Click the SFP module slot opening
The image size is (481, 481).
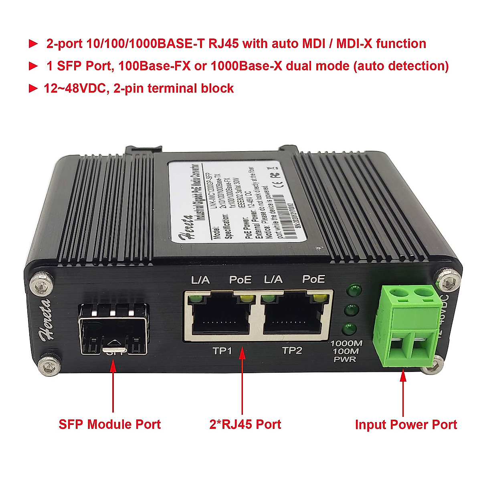[x=113, y=329]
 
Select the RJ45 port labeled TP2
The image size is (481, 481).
[x=293, y=315]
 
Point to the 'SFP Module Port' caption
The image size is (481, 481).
[x=109, y=424]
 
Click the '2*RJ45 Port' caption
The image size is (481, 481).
[x=245, y=424]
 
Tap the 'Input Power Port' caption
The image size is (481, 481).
[x=406, y=425]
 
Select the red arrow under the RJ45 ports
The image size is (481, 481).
[x=243, y=381]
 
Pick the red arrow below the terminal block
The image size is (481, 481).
[x=403, y=393]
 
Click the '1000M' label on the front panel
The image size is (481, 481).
[x=346, y=344]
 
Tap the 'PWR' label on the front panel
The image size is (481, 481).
[x=345, y=360]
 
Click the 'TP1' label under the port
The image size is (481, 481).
[x=222, y=351]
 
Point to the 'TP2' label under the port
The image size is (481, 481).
[x=292, y=351]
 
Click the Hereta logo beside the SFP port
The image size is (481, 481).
[x=45, y=319]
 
